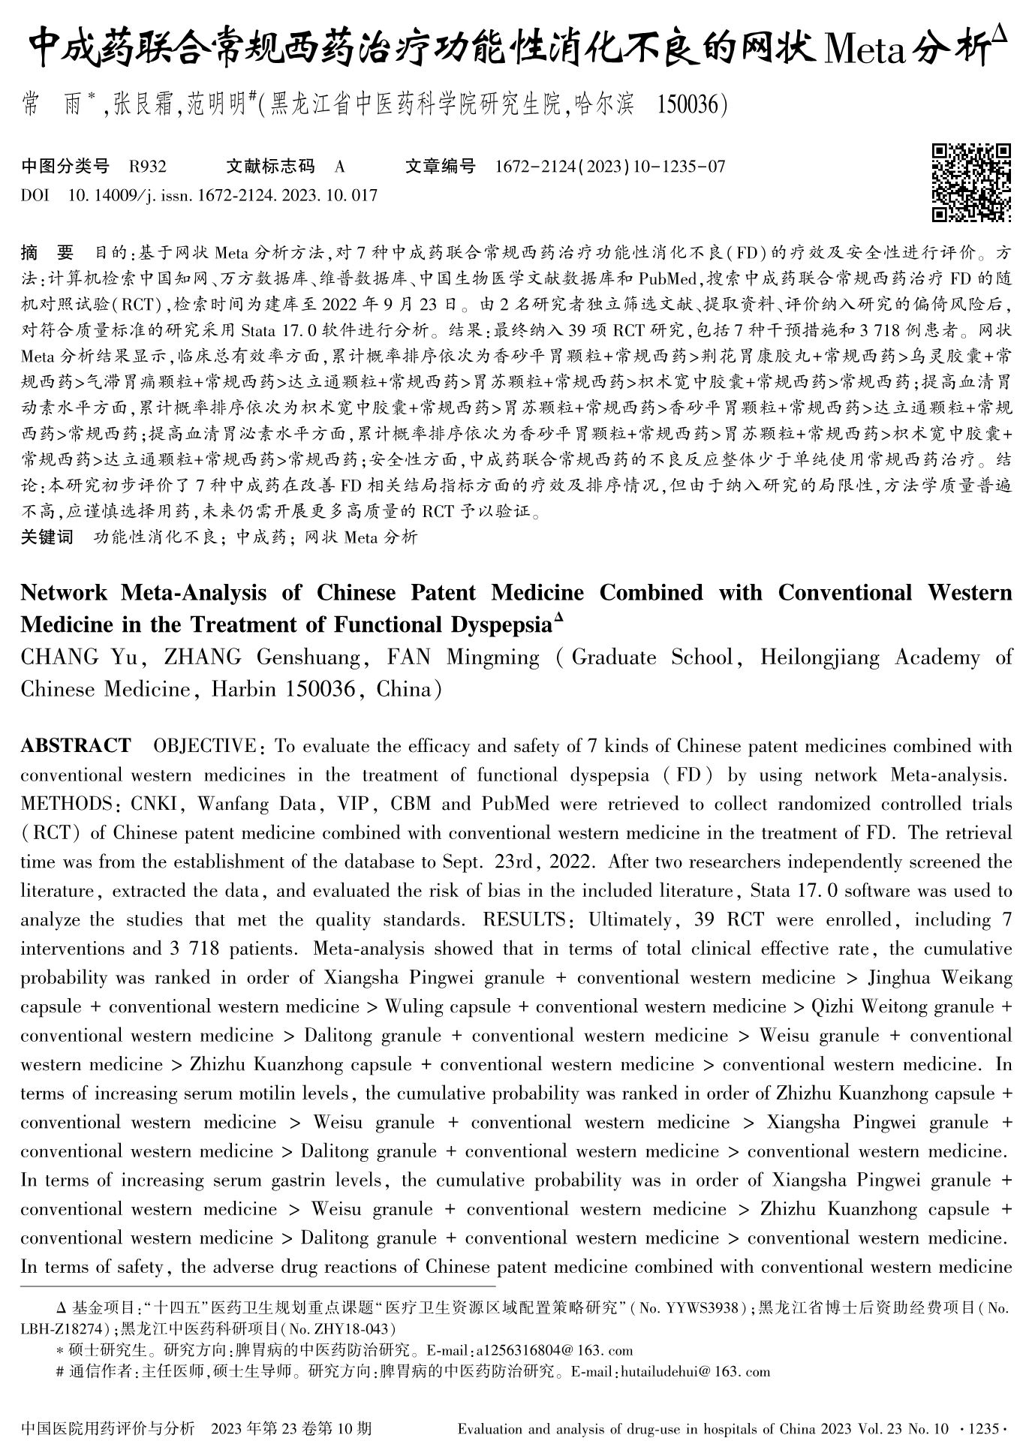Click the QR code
[x=971, y=182]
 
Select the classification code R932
[x=147, y=167]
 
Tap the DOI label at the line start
[x=35, y=196]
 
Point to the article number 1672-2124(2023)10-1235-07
[x=609, y=167]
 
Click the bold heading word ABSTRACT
[x=76, y=746]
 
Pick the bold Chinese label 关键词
[x=47, y=537]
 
